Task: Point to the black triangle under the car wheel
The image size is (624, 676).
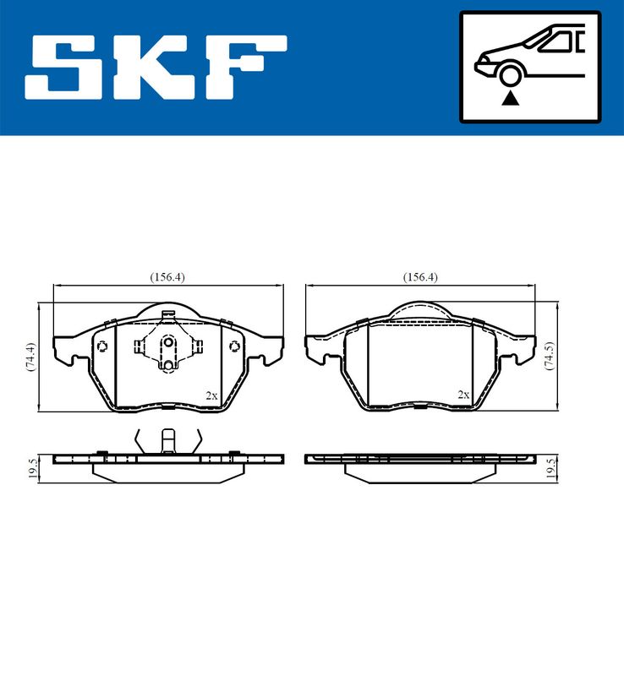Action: click(509, 99)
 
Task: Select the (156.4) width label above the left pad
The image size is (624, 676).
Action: click(167, 277)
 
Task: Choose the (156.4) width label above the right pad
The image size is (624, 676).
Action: click(420, 277)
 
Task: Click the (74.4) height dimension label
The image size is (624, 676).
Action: click(30, 357)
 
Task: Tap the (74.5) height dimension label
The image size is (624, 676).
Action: click(550, 357)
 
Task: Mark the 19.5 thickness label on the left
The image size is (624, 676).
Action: click(32, 467)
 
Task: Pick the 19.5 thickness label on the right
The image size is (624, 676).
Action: click(550, 467)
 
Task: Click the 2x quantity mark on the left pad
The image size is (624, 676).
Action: click(211, 395)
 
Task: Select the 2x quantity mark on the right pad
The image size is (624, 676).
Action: click(463, 395)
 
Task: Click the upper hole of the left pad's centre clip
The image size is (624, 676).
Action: click(167, 343)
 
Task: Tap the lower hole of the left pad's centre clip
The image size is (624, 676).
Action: click(167, 365)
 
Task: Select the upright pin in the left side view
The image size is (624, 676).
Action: click(167, 441)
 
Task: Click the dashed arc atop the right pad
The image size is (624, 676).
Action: click(420, 315)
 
